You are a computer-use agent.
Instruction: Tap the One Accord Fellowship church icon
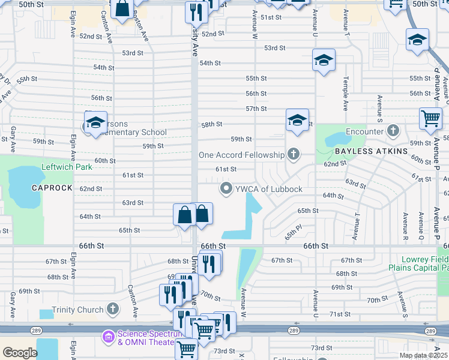point(293,155)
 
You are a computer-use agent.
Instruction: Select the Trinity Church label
point(79,310)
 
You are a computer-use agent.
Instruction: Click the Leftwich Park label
point(67,167)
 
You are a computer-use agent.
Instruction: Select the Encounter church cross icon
point(393,131)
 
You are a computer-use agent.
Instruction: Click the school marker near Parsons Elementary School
point(95,123)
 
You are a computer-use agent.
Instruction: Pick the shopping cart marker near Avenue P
point(430,118)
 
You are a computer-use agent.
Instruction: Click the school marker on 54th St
point(324,61)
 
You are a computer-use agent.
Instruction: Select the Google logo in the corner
point(20,353)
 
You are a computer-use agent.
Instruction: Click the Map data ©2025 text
point(423,355)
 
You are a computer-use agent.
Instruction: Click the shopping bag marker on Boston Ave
point(122,9)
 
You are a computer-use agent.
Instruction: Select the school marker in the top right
point(417,40)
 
